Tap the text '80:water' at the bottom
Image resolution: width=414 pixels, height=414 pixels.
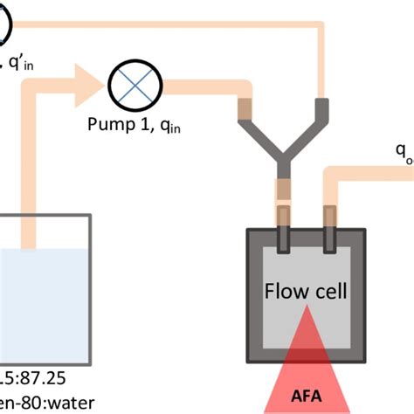click(x=44, y=404)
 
